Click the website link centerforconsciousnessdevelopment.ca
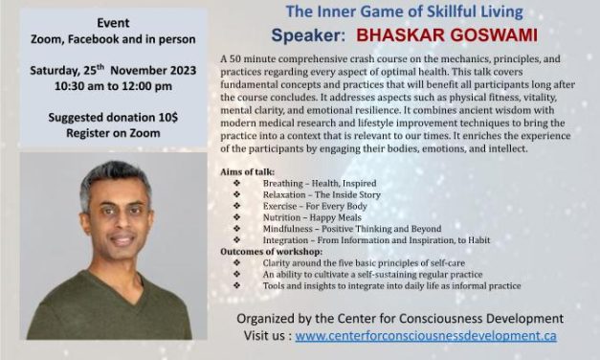tap(426, 337)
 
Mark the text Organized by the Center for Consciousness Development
tap(399, 318)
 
